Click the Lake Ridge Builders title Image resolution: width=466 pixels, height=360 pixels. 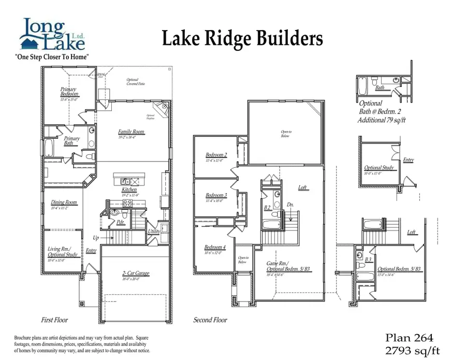click(x=242, y=38)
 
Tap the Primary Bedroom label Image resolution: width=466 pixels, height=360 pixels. click(x=69, y=92)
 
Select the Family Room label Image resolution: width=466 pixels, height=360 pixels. click(x=131, y=132)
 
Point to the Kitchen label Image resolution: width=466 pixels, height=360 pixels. click(x=129, y=190)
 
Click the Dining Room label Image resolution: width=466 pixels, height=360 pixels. click(x=64, y=203)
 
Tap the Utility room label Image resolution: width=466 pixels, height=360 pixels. click(x=154, y=232)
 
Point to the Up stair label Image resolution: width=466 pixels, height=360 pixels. click(x=95, y=238)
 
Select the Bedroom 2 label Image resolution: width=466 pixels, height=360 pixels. click(x=216, y=155)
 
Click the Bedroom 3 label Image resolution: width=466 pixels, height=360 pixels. click(x=216, y=195)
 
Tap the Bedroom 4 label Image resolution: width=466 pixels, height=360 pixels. click(x=215, y=247)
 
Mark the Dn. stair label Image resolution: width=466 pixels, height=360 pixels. click(x=291, y=205)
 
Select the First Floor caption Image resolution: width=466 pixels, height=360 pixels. click(x=54, y=320)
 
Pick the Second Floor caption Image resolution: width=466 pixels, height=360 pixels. click(x=210, y=320)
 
